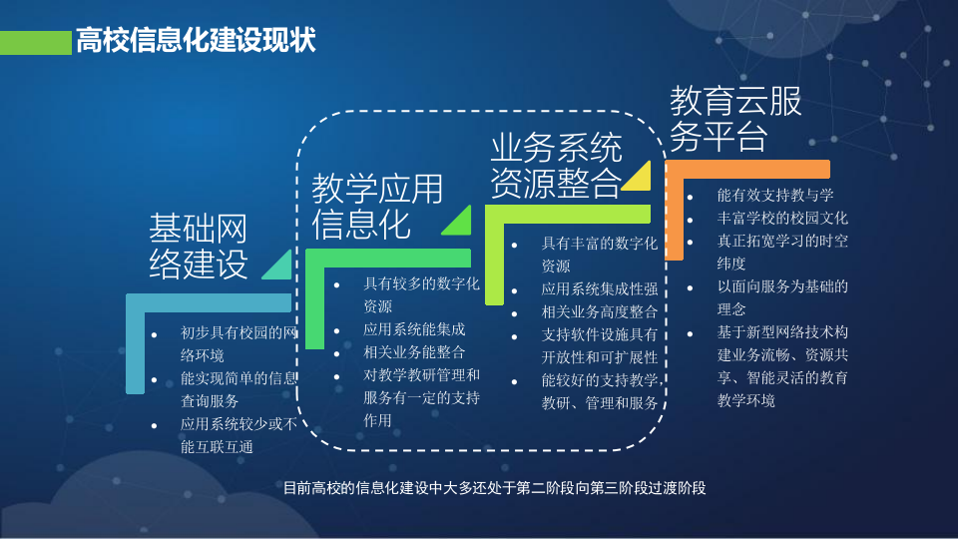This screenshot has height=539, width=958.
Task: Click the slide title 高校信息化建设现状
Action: tap(196, 41)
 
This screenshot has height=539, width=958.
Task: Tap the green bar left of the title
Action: tap(36, 42)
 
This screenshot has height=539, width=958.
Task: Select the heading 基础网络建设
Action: tap(199, 247)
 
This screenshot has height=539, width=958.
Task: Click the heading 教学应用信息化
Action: tap(376, 207)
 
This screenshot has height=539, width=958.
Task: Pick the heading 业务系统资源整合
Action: tap(555, 166)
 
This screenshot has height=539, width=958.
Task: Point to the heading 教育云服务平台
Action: tap(734, 118)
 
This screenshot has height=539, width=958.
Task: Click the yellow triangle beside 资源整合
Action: tap(639, 178)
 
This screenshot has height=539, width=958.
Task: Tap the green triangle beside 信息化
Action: tap(459, 222)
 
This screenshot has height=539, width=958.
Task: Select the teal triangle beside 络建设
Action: tap(278, 264)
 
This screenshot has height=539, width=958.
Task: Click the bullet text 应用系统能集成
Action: tap(413, 328)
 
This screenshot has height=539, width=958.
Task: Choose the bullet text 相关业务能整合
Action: tap(413, 351)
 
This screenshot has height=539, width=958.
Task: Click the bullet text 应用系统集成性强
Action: tap(599, 289)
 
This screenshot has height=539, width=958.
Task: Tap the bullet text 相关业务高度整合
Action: tap(599, 312)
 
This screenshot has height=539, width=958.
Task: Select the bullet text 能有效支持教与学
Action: tap(775, 195)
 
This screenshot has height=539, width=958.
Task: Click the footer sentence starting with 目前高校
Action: tap(494, 488)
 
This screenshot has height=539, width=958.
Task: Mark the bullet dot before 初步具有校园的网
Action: tap(154, 332)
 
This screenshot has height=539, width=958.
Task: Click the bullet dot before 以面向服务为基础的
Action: tap(691, 287)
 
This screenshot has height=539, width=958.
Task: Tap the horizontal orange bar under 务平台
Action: tap(747, 169)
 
